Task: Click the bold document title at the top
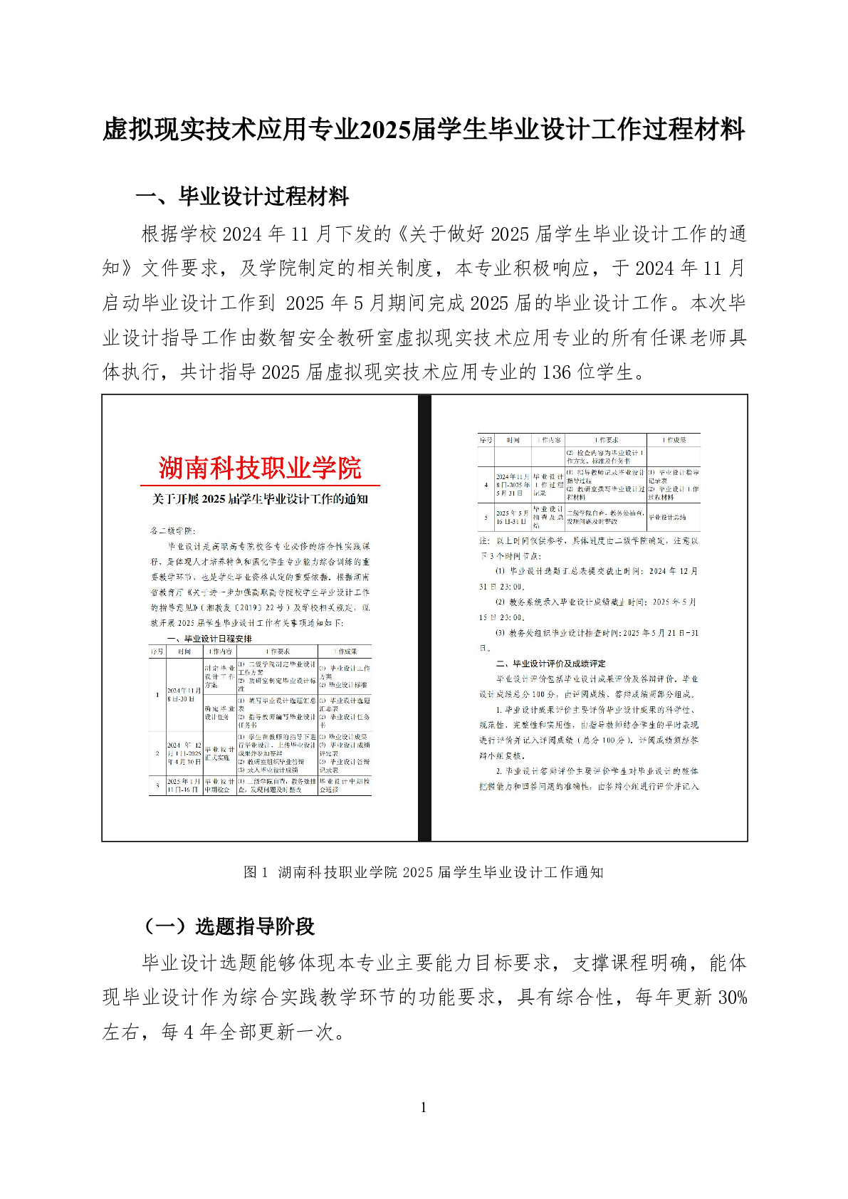(424, 130)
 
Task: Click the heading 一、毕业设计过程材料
(242, 197)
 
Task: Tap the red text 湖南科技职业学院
(260, 468)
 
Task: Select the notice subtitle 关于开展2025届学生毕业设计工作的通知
(260, 499)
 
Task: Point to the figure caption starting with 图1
(424, 872)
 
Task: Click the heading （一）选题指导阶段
(228, 926)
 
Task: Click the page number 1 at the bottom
(424, 1106)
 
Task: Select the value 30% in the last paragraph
(732, 998)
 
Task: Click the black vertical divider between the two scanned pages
(424, 618)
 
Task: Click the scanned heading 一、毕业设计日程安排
(209, 639)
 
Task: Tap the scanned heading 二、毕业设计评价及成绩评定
(551, 664)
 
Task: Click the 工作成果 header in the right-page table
(674, 440)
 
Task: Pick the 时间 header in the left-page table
(184, 651)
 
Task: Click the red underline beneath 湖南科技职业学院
(260, 486)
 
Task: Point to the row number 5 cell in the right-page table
(486, 517)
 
